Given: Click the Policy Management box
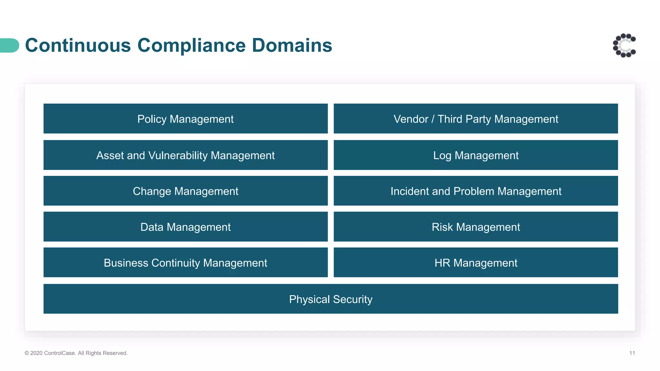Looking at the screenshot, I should (185, 119).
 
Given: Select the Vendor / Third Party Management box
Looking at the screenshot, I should (476, 119).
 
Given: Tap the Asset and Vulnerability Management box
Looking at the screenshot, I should (185, 155).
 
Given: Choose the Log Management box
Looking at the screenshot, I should (476, 155).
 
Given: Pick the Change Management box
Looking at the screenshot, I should (185, 191).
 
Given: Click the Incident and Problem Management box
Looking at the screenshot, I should (476, 191).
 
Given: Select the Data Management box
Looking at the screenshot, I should (185, 226).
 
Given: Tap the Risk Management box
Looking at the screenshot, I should (476, 226).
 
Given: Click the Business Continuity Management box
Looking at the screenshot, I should (185, 262).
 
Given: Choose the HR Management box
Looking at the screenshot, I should (476, 262).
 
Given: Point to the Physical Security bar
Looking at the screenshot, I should (331, 299).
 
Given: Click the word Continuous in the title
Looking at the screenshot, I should (78, 45).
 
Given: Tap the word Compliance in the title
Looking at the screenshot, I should (191, 45).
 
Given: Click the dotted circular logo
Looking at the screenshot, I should (624, 45).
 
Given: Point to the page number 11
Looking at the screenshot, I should (632, 353).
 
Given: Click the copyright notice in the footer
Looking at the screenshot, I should (76, 353).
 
